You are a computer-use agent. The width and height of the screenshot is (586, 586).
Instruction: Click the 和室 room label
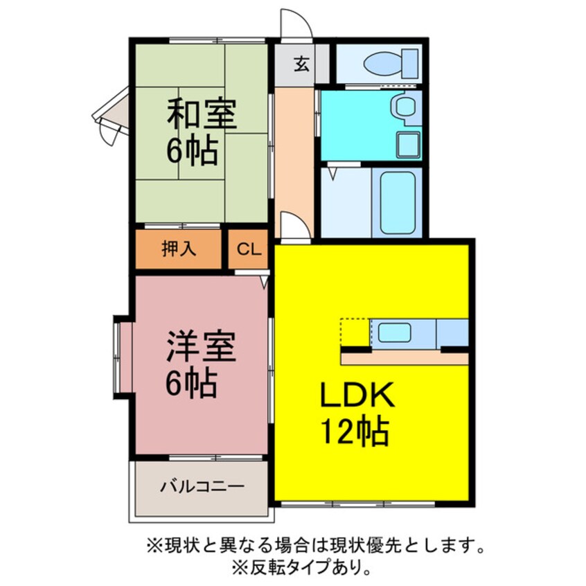click(x=202, y=114)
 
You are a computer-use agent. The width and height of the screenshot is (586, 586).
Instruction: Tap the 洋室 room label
click(x=202, y=346)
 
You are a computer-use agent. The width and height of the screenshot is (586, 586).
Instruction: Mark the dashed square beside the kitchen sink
click(x=355, y=332)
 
